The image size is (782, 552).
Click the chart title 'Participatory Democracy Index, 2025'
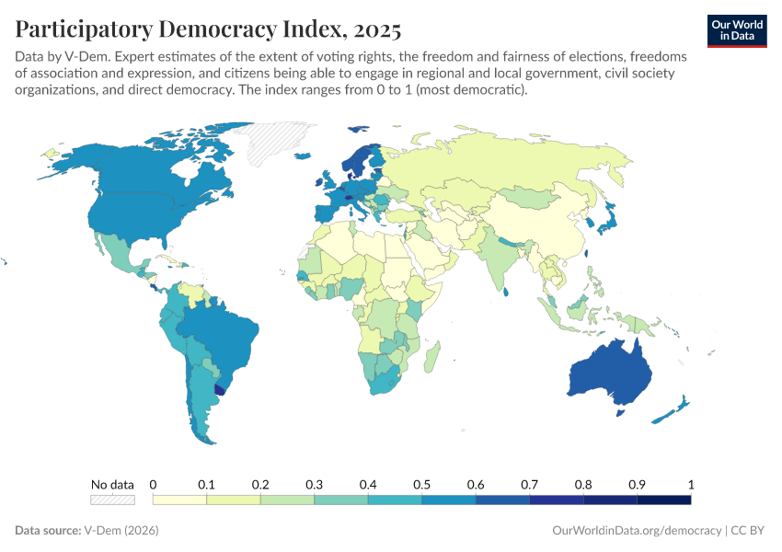[208, 29]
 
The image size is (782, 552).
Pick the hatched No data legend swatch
[112, 500]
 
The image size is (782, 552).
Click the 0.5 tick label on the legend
[421, 484]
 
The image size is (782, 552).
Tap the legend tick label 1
[690, 484]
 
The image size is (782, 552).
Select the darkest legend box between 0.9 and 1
[663, 500]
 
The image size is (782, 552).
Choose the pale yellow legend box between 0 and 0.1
[179, 500]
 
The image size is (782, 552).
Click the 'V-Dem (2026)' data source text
[120, 531]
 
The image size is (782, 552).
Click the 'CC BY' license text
[750, 531]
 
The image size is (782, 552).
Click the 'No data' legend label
[112, 484]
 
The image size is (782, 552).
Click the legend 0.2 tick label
[260, 484]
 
